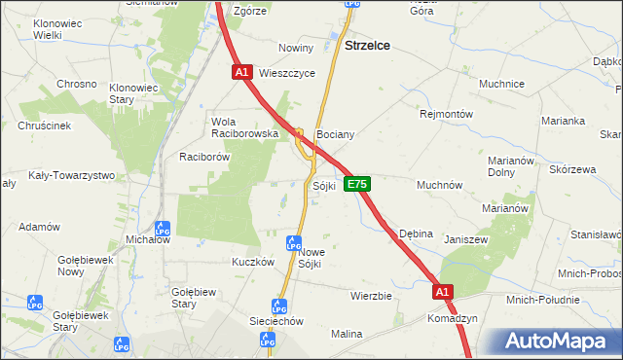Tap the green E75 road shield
pos(357,184)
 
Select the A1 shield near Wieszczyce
pos(242,72)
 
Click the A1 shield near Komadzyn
pos(443,291)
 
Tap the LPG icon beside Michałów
pos(163,229)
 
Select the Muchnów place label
pos(439,184)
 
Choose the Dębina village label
pos(416,234)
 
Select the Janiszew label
pos(464,238)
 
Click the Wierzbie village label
pos(371,295)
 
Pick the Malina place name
pos(347,334)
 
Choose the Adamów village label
pos(40,226)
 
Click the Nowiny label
pos(296,48)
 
